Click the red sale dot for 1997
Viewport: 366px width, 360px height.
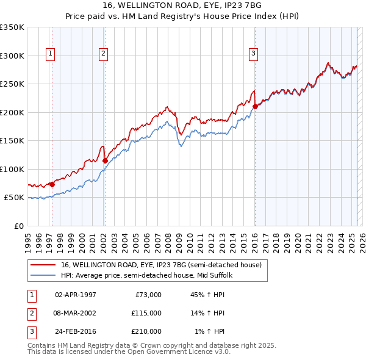(x=52, y=184)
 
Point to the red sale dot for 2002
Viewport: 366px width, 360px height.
(x=105, y=160)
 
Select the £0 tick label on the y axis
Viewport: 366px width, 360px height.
(x=18, y=226)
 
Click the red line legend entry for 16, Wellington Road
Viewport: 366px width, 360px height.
(x=162, y=265)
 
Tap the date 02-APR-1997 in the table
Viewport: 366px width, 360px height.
(x=76, y=295)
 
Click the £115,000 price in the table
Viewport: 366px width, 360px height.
(x=146, y=313)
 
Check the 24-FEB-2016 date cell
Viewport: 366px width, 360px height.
(x=76, y=331)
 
